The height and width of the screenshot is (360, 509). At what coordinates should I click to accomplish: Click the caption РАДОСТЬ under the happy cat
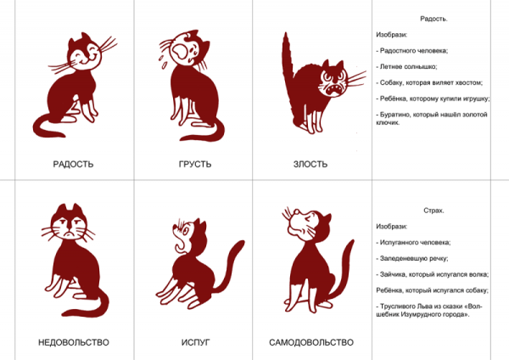tap(73, 164)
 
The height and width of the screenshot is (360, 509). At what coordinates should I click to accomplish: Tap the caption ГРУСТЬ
tap(195, 164)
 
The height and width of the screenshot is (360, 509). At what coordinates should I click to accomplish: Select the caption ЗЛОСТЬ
tap(310, 164)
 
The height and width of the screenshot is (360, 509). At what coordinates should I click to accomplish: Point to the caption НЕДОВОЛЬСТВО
tap(74, 342)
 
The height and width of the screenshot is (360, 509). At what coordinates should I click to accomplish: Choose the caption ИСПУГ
tap(195, 342)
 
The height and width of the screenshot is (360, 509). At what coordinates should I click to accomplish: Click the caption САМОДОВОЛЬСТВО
tap(311, 342)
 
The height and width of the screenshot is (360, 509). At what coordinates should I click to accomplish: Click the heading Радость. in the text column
tap(433, 19)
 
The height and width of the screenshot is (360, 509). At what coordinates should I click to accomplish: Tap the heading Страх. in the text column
tap(433, 211)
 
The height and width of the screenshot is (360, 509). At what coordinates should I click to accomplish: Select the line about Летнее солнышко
tap(406, 66)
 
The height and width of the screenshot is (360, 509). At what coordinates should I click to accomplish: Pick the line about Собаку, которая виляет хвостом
tap(429, 82)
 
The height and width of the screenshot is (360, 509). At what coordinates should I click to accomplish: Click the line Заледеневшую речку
tap(412, 259)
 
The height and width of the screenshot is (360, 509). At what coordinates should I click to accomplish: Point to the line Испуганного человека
tap(414, 242)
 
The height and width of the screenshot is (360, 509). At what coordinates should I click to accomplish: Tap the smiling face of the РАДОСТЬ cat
tap(84, 54)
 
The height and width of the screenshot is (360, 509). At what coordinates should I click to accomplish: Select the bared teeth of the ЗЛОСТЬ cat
tap(334, 90)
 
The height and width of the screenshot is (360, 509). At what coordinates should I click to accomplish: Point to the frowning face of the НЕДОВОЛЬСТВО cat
tap(69, 227)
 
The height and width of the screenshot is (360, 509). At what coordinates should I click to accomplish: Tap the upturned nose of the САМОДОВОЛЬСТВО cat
tap(296, 212)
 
